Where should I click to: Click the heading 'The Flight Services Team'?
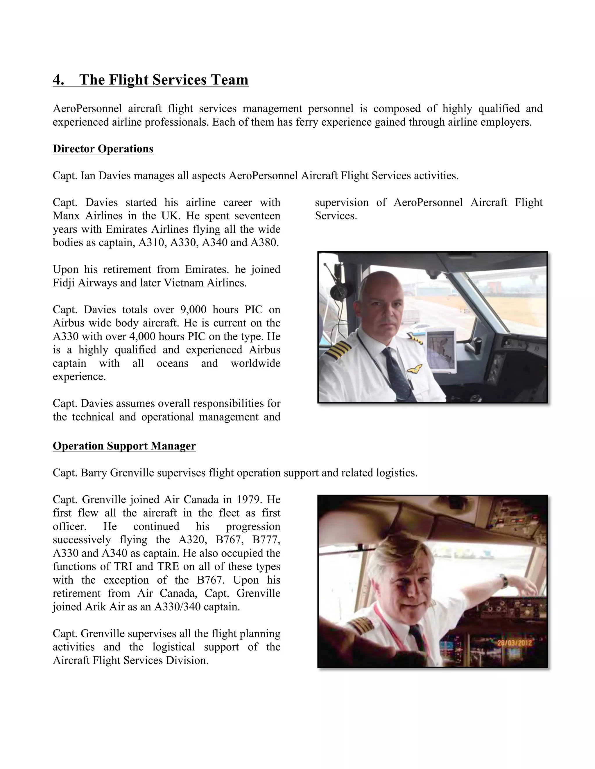tap(164, 80)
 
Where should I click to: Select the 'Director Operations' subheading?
tap(103, 149)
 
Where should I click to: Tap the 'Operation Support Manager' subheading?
tap(124, 446)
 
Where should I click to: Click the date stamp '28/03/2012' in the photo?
tap(514, 642)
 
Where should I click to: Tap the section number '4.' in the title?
tap(58, 80)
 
